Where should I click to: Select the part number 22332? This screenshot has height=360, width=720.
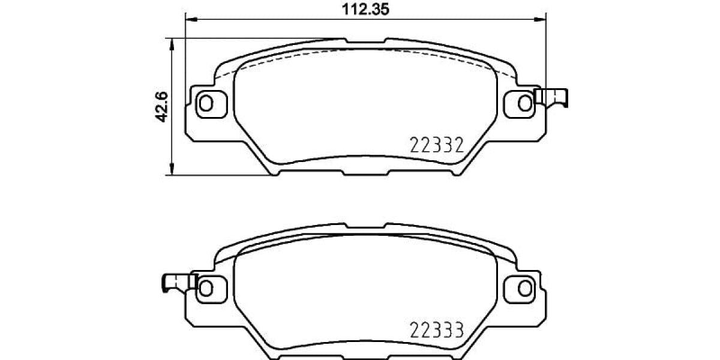click(437, 145)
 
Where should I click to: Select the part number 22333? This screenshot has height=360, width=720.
click(437, 329)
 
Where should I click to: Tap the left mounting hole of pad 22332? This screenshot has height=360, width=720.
click(206, 103)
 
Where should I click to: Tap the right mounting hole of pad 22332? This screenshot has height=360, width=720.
click(525, 103)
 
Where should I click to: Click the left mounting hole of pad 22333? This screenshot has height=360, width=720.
click(206, 287)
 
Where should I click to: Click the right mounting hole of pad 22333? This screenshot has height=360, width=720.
click(525, 287)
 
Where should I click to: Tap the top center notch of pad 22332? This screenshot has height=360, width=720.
click(366, 43)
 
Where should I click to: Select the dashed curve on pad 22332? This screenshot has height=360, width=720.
click(366, 50)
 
